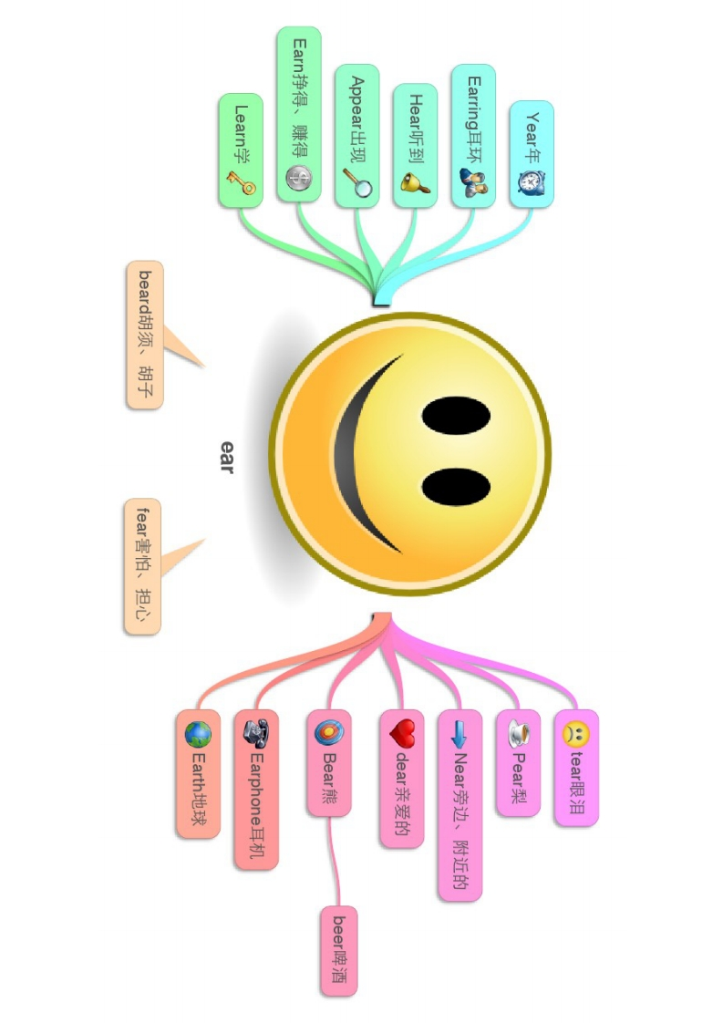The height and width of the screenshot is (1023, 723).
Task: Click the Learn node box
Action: pyautogui.click(x=241, y=149)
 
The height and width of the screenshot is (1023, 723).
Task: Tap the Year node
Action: pyautogui.click(x=532, y=153)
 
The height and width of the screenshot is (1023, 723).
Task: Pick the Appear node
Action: pyautogui.click(x=356, y=135)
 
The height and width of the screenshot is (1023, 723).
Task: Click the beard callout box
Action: pyautogui.click(x=145, y=335)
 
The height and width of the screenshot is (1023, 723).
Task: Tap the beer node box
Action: pyautogui.click(x=338, y=950)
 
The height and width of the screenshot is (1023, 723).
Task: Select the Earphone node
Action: pyautogui.click(x=255, y=789)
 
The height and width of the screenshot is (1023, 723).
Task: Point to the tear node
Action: pyautogui.click(x=576, y=768)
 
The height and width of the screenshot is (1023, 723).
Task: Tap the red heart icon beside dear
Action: pyautogui.click(x=401, y=731)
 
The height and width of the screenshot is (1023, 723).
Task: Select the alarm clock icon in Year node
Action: pyautogui.click(x=531, y=181)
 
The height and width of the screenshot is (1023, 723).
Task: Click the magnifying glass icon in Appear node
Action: pyautogui.click(x=356, y=182)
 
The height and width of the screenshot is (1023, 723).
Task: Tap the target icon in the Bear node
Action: pyautogui.click(x=328, y=731)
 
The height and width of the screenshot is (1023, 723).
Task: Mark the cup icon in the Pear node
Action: pyautogui.click(x=518, y=731)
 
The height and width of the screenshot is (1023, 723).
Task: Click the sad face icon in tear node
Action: pyautogui.click(x=576, y=731)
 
